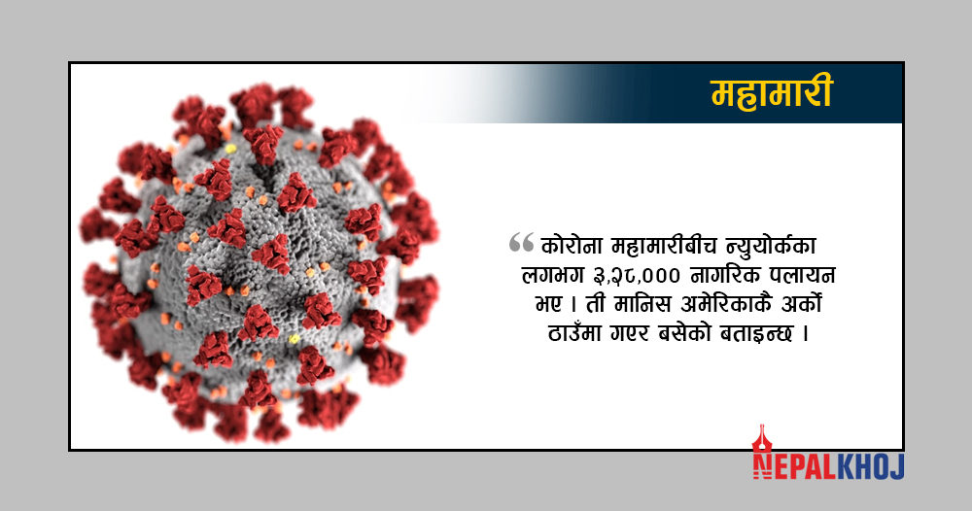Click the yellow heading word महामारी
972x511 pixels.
point(771,93)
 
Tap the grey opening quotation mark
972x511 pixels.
point(521,242)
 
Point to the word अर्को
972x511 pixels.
point(801,304)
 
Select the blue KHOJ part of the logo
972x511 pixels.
point(871,466)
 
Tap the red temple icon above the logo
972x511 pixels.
point(762,439)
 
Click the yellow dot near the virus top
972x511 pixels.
point(231,149)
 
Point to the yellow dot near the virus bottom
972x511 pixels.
point(294,339)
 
